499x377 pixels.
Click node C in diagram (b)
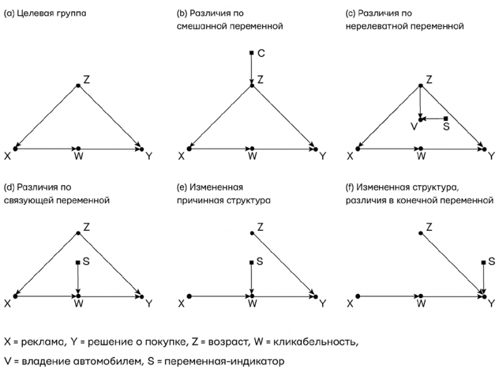(x=252, y=53)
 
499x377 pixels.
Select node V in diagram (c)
(x=420, y=119)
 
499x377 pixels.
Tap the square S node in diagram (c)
(x=445, y=119)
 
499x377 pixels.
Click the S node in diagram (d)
(x=78, y=262)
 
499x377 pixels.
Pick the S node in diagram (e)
(x=252, y=262)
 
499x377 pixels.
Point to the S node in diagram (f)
(x=484, y=262)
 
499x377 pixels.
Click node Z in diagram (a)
(x=78, y=85)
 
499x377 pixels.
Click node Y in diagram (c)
(x=484, y=149)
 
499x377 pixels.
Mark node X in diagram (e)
(x=189, y=295)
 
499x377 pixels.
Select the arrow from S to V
(x=434, y=119)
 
